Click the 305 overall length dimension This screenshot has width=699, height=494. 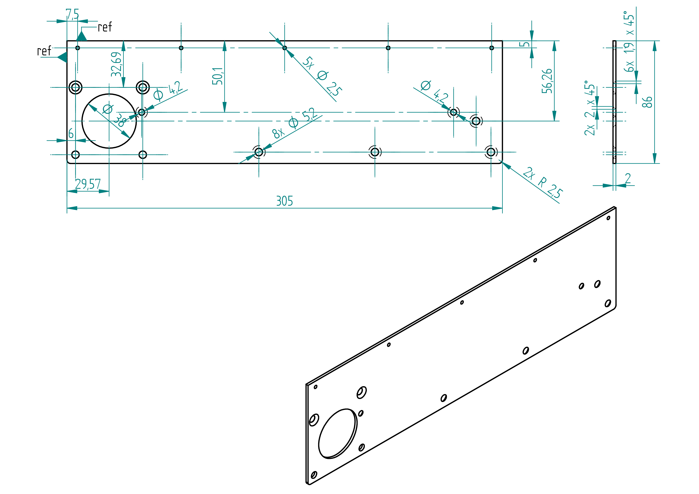pos(284,201)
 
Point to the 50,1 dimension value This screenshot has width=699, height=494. pos(217,76)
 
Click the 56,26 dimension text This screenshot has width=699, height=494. pos(547,81)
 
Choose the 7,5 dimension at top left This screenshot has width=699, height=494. pos(73,14)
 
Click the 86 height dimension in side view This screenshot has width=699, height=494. pos(647,102)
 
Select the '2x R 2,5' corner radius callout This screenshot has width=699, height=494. pos(543,183)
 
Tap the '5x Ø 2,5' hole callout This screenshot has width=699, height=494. pos(322,76)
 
